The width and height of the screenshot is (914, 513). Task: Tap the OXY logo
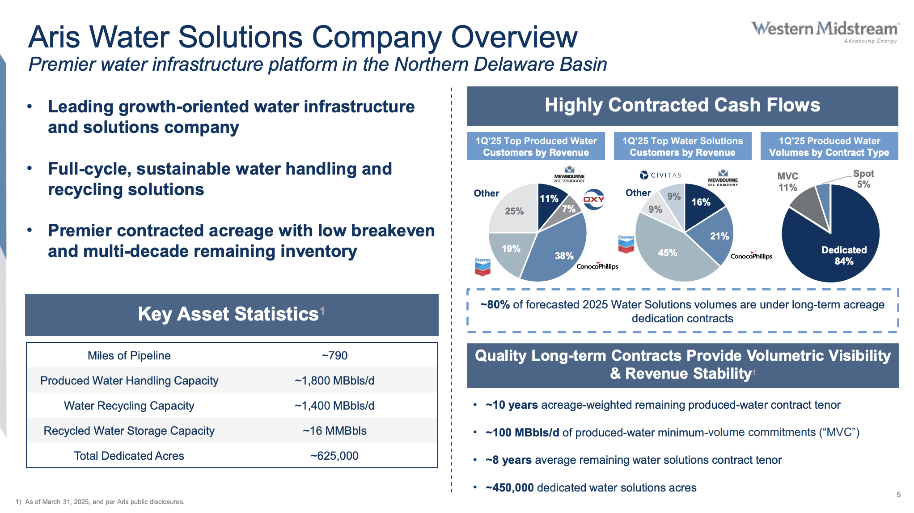coord(594,199)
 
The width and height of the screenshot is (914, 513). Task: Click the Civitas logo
coord(660,175)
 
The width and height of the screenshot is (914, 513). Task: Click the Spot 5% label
coord(863,179)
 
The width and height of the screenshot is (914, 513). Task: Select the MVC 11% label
coord(787,182)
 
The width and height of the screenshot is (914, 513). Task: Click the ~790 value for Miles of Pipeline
coord(334,355)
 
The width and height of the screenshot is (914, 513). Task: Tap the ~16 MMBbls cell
coord(334,431)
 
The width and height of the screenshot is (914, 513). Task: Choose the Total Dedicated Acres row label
coord(129,456)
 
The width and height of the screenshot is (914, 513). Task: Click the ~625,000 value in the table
coord(334,456)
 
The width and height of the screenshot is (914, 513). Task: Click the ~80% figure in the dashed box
coord(495,305)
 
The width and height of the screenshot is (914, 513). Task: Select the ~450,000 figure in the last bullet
coord(509,487)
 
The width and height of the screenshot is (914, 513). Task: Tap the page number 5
coord(898,495)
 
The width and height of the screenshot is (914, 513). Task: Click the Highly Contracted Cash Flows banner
coord(682,106)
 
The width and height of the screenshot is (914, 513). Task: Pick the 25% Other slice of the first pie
coord(514,210)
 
